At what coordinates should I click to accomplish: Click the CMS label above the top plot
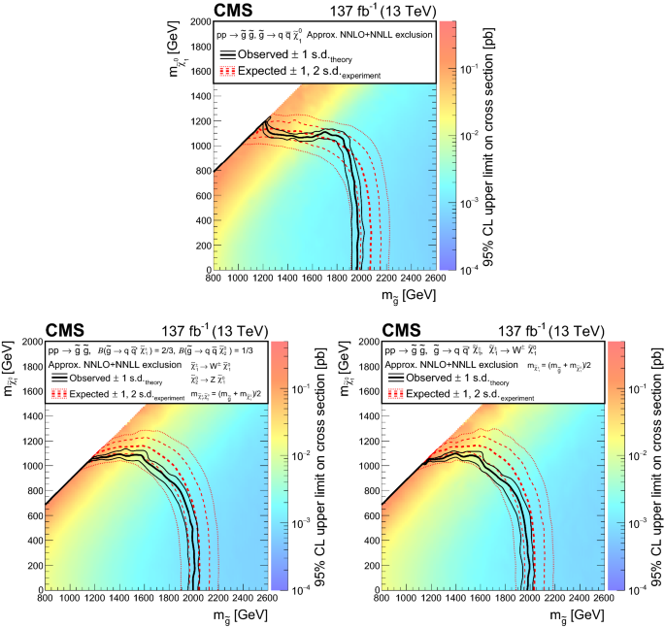coord(236,12)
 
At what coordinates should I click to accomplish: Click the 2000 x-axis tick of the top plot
coord(362,278)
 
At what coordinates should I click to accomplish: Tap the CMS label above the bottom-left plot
coord(68,331)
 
